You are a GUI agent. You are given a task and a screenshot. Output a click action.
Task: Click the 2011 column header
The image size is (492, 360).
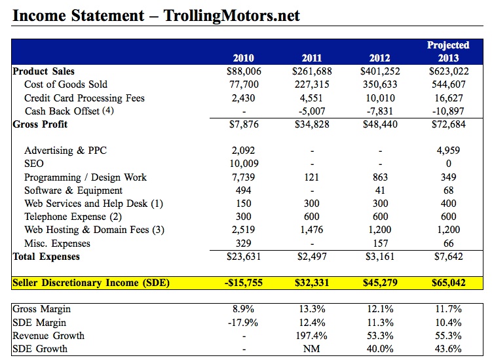[x=312, y=58]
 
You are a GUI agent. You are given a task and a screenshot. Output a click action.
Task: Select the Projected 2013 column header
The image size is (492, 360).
[x=448, y=52]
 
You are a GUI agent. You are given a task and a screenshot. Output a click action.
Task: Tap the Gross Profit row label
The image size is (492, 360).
[x=41, y=124]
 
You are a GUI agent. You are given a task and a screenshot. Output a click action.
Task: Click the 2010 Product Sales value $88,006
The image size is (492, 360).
[x=243, y=71]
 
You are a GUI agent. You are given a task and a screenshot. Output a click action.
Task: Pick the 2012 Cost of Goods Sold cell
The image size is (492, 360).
[x=380, y=84]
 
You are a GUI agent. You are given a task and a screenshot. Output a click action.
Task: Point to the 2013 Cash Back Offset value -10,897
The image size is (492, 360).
[x=448, y=111]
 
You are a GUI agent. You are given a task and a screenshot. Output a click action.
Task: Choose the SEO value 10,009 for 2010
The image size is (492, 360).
[x=243, y=164]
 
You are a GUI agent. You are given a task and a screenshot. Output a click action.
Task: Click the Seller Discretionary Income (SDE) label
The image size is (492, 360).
[x=91, y=283]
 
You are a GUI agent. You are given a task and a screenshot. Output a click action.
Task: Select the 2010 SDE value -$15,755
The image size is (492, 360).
[x=243, y=283]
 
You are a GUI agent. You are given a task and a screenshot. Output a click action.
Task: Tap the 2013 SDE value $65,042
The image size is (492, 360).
[x=448, y=283]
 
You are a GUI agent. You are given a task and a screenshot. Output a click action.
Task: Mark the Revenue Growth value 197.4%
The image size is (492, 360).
[x=312, y=336]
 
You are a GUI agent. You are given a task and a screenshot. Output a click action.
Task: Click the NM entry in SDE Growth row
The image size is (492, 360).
[x=312, y=349]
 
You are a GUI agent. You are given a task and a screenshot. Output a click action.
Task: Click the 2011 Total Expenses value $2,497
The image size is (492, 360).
[x=312, y=257]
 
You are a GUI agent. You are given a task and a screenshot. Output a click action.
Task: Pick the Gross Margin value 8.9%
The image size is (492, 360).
[x=243, y=309]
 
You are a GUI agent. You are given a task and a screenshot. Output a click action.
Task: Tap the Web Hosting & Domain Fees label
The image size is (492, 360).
[x=94, y=230]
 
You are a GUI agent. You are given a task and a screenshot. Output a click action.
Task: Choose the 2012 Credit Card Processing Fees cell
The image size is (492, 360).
[x=380, y=98]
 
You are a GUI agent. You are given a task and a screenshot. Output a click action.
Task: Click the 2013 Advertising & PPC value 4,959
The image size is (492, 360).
[x=448, y=151]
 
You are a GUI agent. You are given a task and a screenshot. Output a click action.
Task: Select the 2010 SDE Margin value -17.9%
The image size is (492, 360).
[x=243, y=323]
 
